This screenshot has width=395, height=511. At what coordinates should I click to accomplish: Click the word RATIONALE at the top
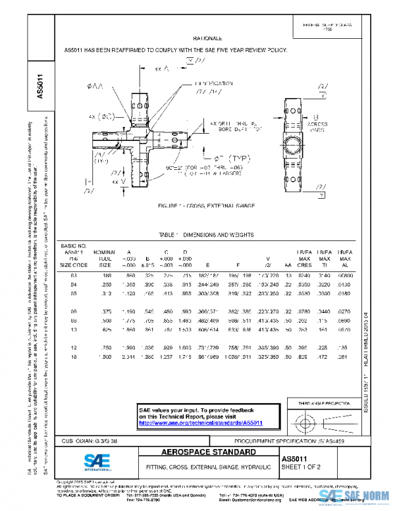coord(207,39)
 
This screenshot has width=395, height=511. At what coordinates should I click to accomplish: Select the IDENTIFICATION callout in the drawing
coord(213,84)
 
